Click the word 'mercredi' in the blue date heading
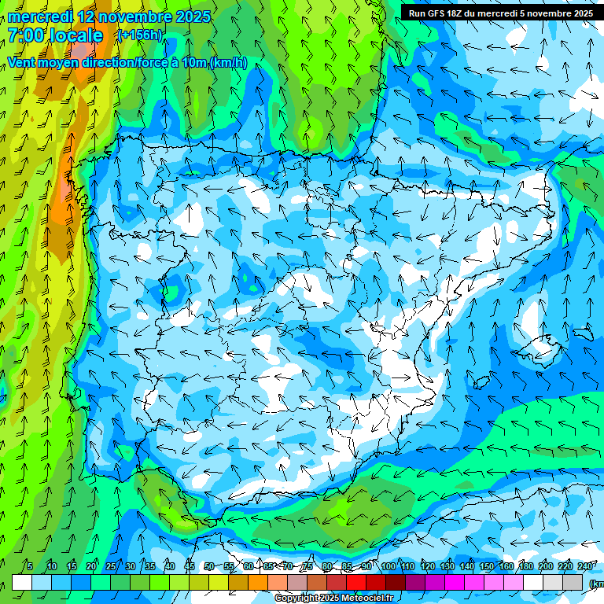click(x=39, y=17)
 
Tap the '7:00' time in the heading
click(x=27, y=35)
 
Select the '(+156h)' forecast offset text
click(x=139, y=35)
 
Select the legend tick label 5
click(x=29, y=567)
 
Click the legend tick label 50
click(x=208, y=567)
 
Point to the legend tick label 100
click(x=389, y=567)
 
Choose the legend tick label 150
click(x=487, y=567)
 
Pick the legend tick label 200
click(x=546, y=567)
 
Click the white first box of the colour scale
click(x=22, y=582)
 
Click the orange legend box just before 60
click(x=238, y=582)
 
